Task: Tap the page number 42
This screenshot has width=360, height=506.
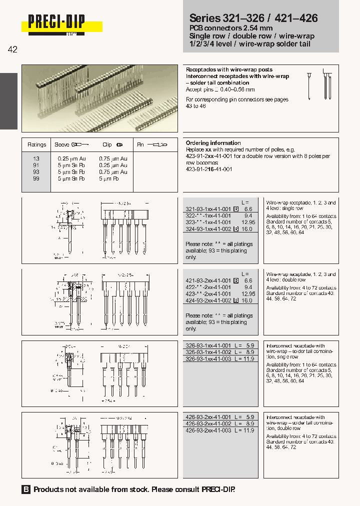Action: [13, 49]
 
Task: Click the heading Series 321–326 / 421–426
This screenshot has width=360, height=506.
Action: [253, 18]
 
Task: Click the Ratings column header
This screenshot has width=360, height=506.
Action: [36, 144]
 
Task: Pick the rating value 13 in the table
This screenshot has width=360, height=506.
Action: [36, 158]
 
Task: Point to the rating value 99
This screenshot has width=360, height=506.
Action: [36, 178]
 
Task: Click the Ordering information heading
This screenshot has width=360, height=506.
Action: [213, 143]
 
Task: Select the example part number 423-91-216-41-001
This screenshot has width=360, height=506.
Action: [209, 169]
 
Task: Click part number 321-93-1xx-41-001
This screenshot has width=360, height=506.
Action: [208, 209]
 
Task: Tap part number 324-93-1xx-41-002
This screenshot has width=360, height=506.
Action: [208, 228]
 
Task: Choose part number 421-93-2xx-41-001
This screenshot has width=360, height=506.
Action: [208, 281]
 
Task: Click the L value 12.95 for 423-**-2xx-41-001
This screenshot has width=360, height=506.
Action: [248, 294]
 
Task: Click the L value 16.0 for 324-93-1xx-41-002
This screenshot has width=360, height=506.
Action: [248, 228]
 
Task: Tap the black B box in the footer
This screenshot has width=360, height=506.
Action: [26, 489]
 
